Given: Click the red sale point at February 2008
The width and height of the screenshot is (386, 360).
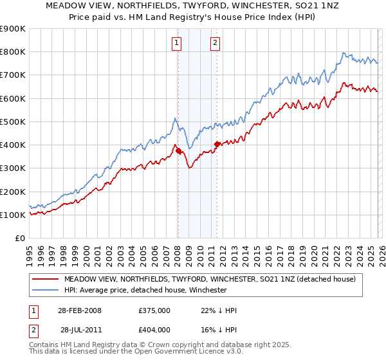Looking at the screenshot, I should [179, 150].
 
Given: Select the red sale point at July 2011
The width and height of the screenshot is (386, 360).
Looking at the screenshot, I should [217, 144].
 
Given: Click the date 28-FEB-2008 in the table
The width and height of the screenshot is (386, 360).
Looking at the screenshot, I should [78, 310].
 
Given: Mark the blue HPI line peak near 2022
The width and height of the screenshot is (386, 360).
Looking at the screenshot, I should [344, 53].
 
